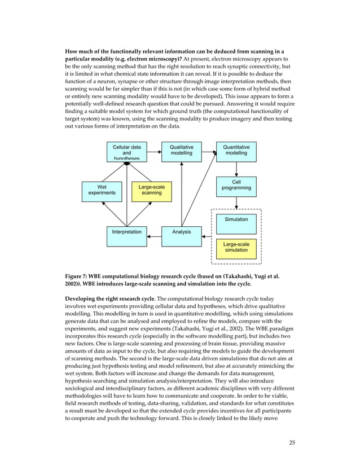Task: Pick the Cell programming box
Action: (236, 186)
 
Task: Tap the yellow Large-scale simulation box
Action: (236, 248)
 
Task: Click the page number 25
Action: (291, 442)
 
